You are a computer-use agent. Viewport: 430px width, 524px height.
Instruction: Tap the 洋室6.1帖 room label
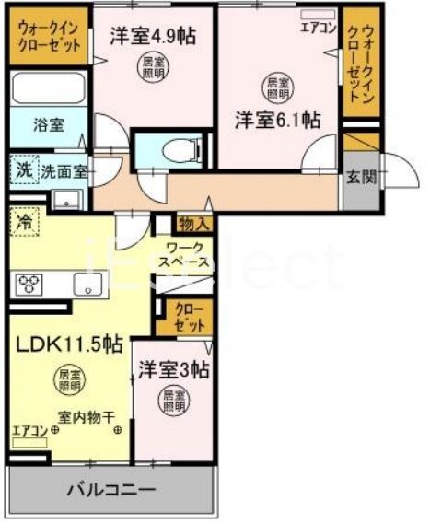(276, 120)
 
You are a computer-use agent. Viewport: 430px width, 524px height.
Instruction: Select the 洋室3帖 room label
(173, 370)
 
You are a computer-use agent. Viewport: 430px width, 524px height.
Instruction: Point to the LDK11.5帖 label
(68, 344)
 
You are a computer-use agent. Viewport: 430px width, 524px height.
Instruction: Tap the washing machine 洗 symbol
(23, 170)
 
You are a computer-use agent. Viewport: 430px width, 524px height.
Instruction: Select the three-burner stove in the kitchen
(29, 284)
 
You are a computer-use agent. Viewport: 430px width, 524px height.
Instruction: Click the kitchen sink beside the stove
(88, 285)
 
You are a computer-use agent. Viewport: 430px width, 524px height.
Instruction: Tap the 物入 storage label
(194, 223)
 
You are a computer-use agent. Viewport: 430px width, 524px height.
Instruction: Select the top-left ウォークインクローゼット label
(50, 38)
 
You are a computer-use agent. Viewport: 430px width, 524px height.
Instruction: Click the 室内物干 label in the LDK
(86, 414)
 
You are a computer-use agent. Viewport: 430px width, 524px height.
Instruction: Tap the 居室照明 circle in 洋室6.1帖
(276, 87)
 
